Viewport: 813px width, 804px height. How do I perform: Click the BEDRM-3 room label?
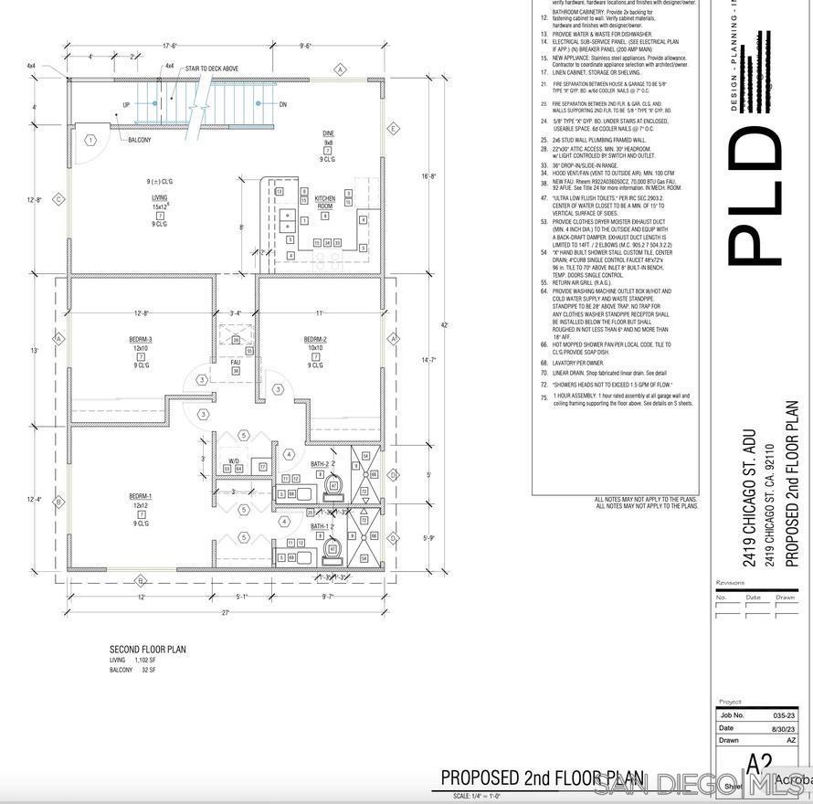[x=141, y=339]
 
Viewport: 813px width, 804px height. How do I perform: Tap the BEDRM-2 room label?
[x=315, y=339]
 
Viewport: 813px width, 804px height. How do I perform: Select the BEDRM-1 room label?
[x=141, y=496]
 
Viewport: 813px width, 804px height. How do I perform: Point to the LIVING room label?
[x=160, y=197]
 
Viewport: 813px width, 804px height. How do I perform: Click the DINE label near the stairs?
[x=328, y=133]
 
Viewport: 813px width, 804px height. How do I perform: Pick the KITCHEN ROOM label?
[x=325, y=202]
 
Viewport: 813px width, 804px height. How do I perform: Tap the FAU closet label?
[x=235, y=362]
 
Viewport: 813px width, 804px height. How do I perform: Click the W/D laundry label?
[x=234, y=460]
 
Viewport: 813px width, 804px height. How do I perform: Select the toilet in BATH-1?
[x=333, y=550]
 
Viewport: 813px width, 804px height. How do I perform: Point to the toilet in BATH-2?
[x=333, y=486]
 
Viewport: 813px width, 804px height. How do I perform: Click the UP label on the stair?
[x=126, y=105]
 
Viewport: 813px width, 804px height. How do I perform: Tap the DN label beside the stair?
[x=283, y=105]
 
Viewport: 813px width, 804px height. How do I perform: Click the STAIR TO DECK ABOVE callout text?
[x=212, y=69]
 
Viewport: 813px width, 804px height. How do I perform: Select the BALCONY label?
[x=140, y=140]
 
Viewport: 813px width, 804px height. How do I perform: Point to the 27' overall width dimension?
[x=225, y=613]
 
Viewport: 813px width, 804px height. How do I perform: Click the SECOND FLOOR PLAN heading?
[x=148, y=650]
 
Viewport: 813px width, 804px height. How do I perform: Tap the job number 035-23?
[x=783, y=715]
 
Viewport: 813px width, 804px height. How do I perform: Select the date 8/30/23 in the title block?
[x=783, y=728]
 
